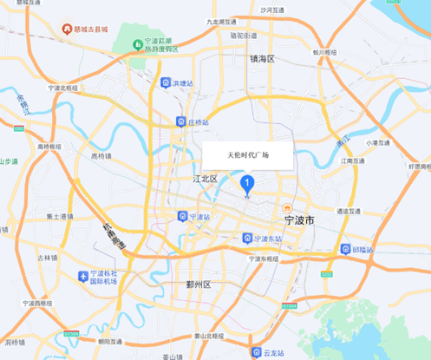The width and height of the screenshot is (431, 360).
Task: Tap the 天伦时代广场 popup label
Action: pyautogui.click(x=248, y=155)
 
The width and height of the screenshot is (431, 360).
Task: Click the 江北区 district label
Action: pyautogui.click(x=205, y=179)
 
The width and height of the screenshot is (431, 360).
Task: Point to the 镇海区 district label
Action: pyautogui.click(x=262, y=59)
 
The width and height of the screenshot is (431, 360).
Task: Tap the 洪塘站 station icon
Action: pyautogui.click(x=166, y=82)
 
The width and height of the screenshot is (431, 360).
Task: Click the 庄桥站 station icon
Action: pyautogui.click(x=180, y=122)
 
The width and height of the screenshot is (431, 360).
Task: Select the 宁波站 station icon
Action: pyautogui.click(x=180, y=216)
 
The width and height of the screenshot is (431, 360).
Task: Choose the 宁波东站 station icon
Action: pyautogui.click(x=247, y=238)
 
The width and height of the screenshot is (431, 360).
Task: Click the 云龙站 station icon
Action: pyautogui.click(x=255, y=352)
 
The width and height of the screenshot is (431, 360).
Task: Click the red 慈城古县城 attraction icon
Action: pyautogui.click(x=66, y=29)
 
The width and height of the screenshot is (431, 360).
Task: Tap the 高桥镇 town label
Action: pyautogui.click(x=101, y=156)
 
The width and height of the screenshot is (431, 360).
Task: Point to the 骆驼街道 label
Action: pyautogui.click(x=244, y=36)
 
